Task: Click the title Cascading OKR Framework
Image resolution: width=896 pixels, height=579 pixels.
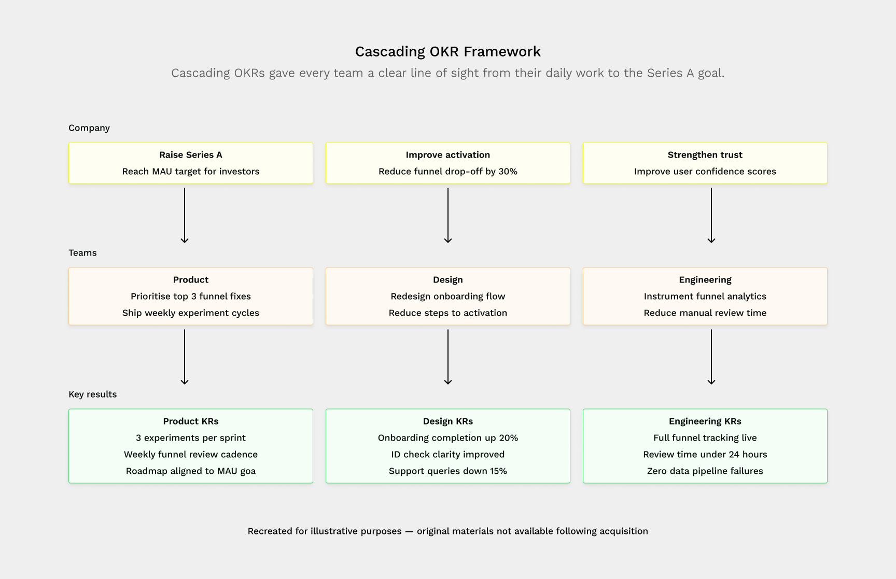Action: coord(447,51)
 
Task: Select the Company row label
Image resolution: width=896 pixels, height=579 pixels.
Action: coord(89,128)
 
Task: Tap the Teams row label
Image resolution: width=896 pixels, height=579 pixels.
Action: coord(82,253)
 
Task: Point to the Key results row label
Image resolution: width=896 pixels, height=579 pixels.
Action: coord(92,394)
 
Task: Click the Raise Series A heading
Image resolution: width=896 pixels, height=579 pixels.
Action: coord(190,155)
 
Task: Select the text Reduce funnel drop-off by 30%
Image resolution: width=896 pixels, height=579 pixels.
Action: coord(447,172)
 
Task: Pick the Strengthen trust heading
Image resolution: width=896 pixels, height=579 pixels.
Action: coord(705,155)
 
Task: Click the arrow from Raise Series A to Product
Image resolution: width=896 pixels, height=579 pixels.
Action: coord(185,215)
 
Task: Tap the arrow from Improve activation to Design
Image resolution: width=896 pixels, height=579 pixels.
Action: coord(448,215)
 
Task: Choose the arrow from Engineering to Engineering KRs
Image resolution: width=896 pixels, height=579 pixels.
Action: coord(711,357)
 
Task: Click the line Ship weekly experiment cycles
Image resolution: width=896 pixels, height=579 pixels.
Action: coord(190,313)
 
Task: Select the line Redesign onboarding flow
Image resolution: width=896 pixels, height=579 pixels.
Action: coord(447,296)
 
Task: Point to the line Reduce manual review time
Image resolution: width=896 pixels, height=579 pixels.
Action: coord(705,313)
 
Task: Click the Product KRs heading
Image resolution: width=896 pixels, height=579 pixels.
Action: coord(190,421)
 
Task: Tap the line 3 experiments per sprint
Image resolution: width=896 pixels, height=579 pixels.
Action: coord(190,438)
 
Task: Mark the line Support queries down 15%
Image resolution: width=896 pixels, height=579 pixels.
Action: coord(447,471)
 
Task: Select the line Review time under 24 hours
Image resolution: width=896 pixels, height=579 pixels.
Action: coord(705,455)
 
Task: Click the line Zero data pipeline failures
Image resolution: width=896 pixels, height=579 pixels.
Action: coord(705,471)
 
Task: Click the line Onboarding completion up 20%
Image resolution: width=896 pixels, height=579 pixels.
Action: coord(447,438)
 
